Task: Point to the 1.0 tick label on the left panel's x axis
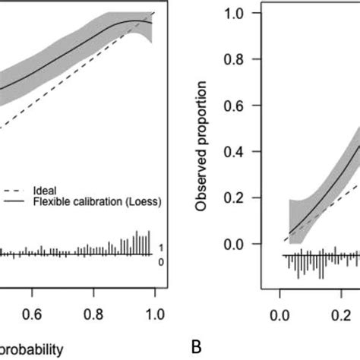[x=154, y=312]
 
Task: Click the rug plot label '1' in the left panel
[x=160, y=248]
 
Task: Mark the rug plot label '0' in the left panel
[x=160, y=261]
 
